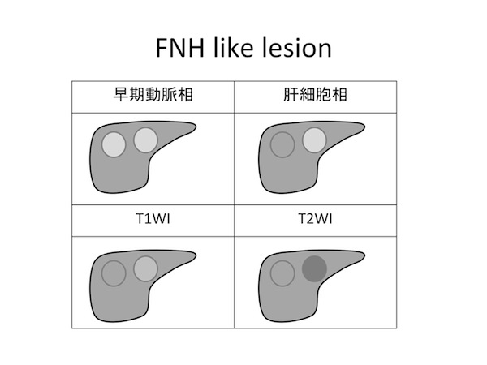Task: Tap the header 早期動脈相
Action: click(x=154, y=95)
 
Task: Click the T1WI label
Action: click(x=154, y=219)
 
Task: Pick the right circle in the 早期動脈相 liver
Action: click(x=145, y=140)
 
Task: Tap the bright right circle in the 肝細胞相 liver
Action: click(x=314, y=140)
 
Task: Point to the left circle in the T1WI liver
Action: click(x=114, y=273)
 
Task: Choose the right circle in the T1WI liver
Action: click(x=145, y=267)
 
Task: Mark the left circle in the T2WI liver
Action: click(x=282, y=273)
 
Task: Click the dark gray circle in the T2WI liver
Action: click(x=314, y=267)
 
